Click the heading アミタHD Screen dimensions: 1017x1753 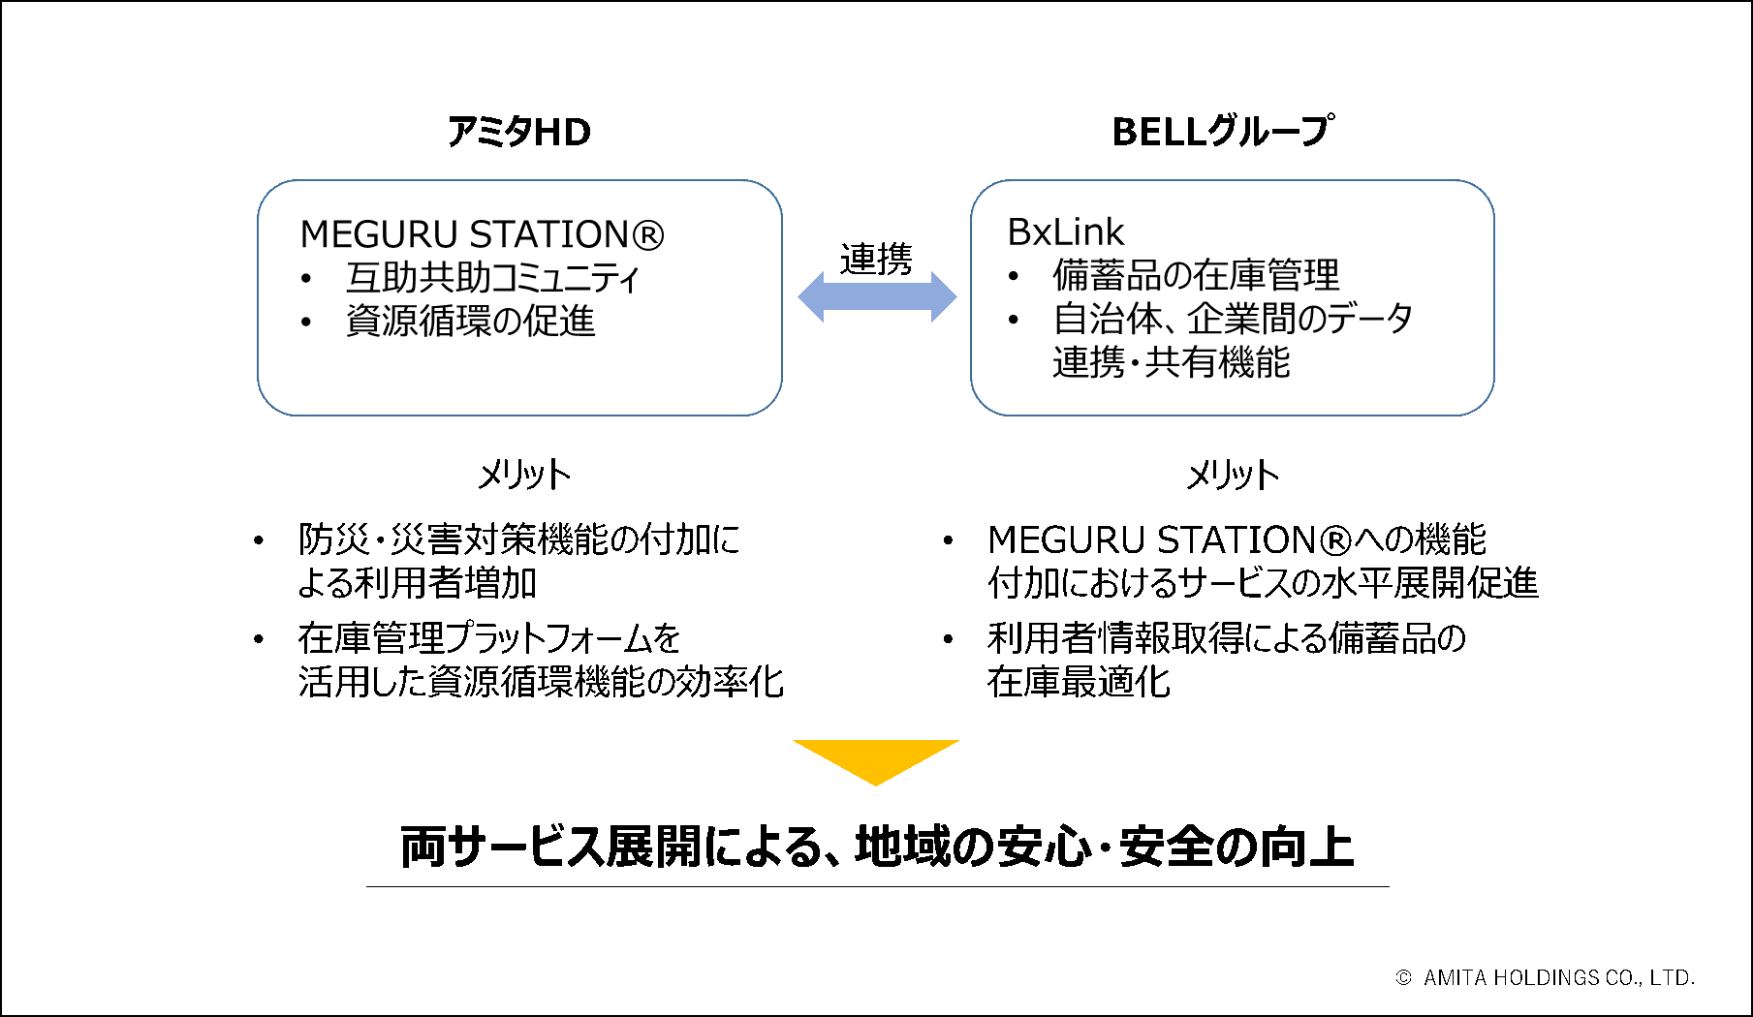pos(518,132)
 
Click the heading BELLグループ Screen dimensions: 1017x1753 pos(1222,132)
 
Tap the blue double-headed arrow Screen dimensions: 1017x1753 pos(876,296)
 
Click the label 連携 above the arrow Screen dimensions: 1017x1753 pos(876,259)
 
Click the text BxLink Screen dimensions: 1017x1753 pos(1065,232)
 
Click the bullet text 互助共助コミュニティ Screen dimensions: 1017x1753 pos(492,278)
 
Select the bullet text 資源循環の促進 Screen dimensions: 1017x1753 pos(470,321)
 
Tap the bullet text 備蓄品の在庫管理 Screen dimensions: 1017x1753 pos(1196,275)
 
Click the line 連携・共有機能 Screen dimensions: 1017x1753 pos(1171,362)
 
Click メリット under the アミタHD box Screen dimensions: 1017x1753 pos(523,475)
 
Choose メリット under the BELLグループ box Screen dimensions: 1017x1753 pos(1233,475)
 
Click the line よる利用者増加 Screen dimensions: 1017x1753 pos(417,583)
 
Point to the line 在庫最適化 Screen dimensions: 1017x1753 pos(1079,682)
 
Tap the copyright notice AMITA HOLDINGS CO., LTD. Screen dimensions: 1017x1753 pos(1557,978)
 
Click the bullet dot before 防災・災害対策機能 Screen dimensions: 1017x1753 pos(259,540)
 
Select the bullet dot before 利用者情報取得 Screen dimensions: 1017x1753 pos(948,639)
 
